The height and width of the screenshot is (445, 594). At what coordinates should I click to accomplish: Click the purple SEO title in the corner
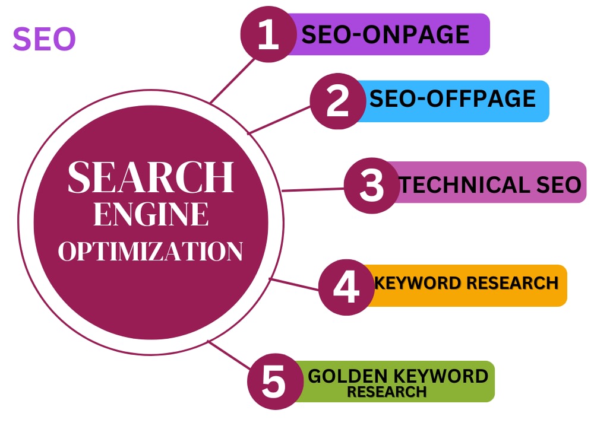[x=45, y=39]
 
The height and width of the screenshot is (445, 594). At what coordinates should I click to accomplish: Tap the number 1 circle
[x=268, y=34]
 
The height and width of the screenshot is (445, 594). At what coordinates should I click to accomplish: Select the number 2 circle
[x=337, y=101]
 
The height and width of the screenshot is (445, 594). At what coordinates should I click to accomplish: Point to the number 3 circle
[x=372, y=185]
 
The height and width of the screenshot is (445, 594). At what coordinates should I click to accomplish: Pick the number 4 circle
[x=346, y=287]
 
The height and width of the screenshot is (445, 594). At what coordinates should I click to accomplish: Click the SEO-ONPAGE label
[x=386, y=34]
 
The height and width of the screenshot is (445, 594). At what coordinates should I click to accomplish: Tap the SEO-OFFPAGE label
[x=452, y=98]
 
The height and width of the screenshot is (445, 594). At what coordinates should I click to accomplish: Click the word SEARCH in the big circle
[x=151, y=177]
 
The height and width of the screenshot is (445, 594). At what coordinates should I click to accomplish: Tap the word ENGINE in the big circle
[x=151, y=214]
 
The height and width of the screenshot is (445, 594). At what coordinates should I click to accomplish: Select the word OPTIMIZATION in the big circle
[x=150, y=251]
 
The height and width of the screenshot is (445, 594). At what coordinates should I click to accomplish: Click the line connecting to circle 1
[x=233, y=80]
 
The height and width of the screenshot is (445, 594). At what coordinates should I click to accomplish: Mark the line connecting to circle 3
[x=313, y=189]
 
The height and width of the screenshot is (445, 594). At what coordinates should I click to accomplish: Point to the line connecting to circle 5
[x=229, y=355]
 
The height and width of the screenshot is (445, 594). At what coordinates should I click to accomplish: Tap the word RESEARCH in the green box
[x=387, y=392]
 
